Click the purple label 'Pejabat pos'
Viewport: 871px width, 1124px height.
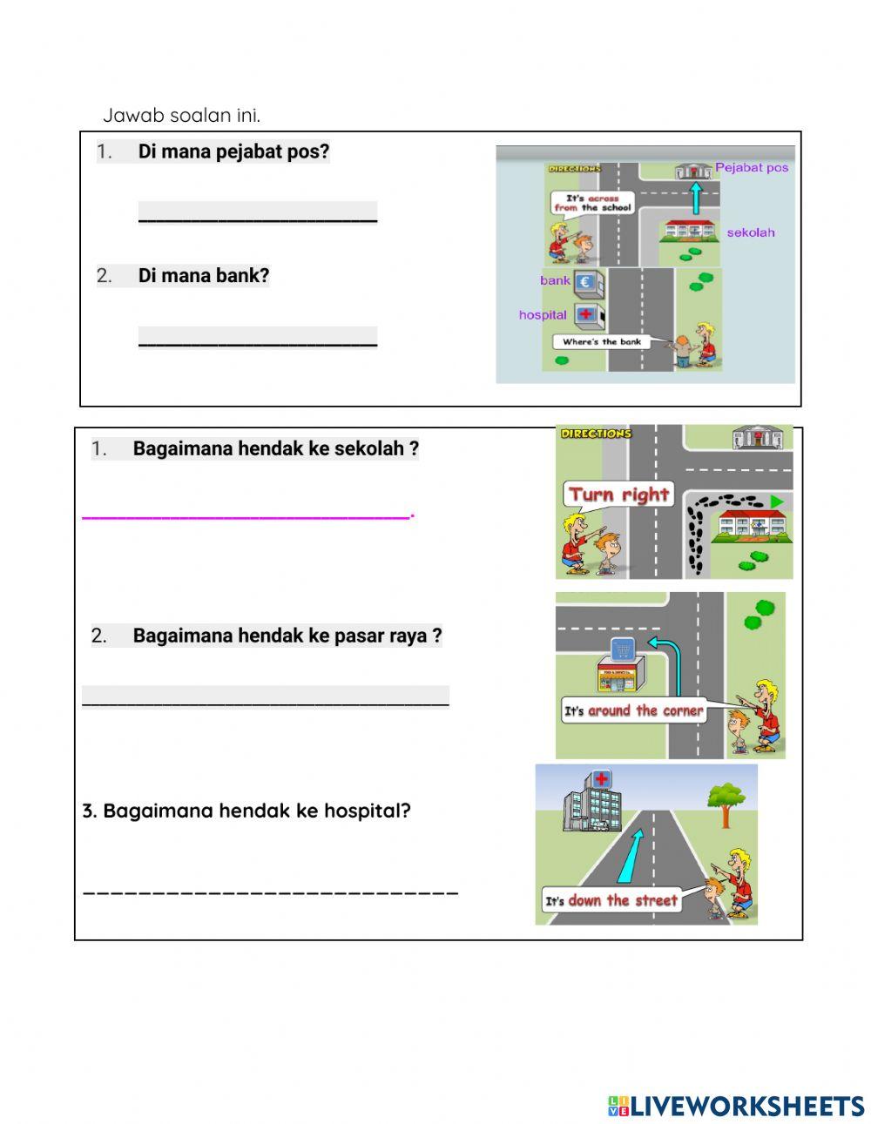(x=751, y=167)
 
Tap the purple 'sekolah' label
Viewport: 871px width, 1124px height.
(x=750, y=232)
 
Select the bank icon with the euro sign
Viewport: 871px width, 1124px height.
(x=585, y=281)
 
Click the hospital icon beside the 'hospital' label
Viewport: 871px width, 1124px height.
(x=586, y=314)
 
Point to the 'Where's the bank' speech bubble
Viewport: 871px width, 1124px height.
(x=602, y=342)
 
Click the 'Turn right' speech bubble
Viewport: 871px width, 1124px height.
(x=618, y=495)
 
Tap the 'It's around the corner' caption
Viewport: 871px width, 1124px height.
(x=633, y=711)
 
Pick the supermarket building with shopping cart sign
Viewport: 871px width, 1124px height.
(x=620, y=666)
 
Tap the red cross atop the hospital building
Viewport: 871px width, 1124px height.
(x=601, y=777)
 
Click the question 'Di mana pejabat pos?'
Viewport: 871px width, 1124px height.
(x=233, y=151)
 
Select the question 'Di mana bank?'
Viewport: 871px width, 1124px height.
(x=204, y=276)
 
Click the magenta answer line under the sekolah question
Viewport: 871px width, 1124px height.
(x=246, y=517)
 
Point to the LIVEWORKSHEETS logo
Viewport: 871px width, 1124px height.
(x=736, y=1106)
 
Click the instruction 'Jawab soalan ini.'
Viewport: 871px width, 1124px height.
(x=181, y=115)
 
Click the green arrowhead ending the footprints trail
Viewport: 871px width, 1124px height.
(x=777, y=501)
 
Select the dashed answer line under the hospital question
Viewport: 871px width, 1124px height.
(x=270, y=892)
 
